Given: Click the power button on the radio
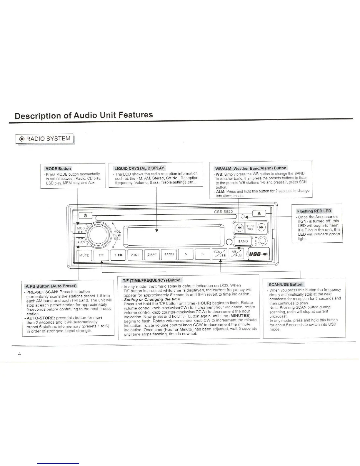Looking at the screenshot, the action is [x=85, y=216].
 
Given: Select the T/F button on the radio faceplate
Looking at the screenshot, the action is [x=101, y=255].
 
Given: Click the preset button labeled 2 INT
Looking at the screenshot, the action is [x=135, y=255].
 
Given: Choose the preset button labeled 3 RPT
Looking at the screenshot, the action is [x=152, y=255].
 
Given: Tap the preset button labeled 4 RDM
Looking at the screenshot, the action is [x=169, y=255].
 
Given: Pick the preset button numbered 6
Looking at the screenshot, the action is [x=203, y=254].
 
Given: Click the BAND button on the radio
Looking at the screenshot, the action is [x=243, y=241].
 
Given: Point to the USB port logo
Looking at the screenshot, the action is [x=259, y=254].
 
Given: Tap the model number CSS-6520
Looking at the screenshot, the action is [x=223, y=212].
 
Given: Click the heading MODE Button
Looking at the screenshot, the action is [x=58, y=169].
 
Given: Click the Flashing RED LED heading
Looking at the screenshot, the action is [x=314, y=211].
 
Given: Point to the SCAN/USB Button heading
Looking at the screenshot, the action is [x=285, y=284].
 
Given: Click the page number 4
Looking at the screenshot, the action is [x=19, y=354].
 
